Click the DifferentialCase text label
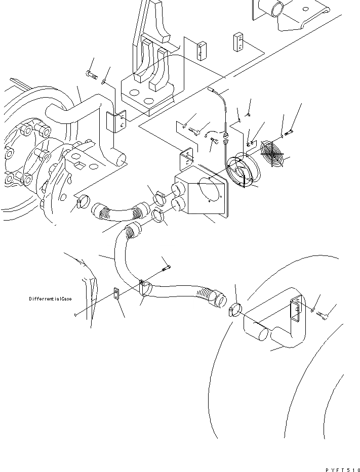tap(50, 299)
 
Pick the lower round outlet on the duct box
tap(178, 204)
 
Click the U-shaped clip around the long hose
tap(144, 288)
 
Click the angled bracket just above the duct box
tap(186, 157)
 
